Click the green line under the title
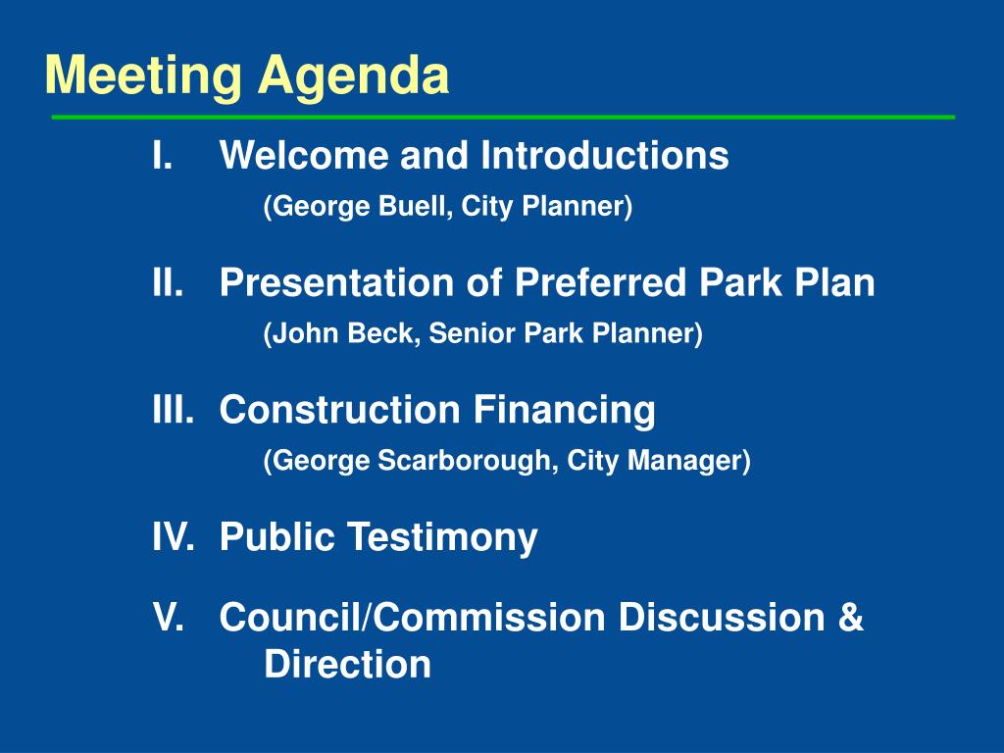tap(502, 117)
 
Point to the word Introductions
tap(604, 155)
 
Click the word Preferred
tap(602, 282)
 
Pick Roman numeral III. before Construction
tap(173, 410)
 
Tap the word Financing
tap(565, 410)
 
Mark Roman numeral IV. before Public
tap(173, 537)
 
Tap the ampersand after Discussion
tap(851, 618)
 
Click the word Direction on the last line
tap(347, 665)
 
